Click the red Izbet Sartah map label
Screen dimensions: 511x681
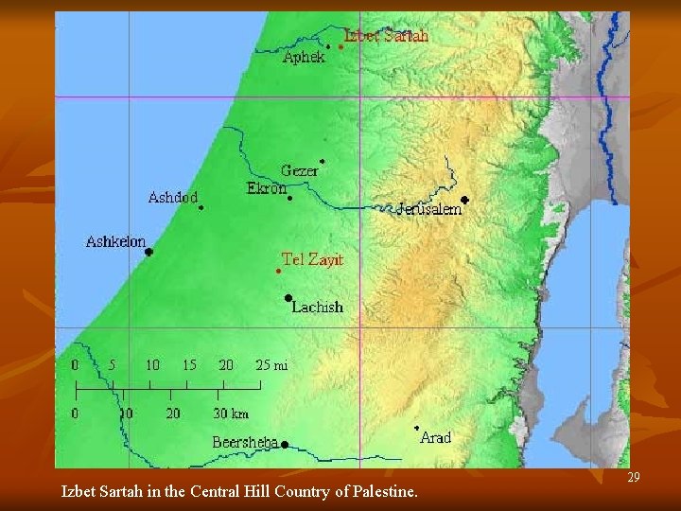(386, 36)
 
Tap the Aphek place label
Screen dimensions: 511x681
(304, 57)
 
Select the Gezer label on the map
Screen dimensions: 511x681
(299, 171)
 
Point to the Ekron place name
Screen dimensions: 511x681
(266, 188)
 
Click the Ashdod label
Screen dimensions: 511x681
(173, 198)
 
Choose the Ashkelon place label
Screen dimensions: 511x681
(115, 241)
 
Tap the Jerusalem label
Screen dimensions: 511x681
(429, 209)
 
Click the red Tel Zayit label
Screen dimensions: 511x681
(312, 258)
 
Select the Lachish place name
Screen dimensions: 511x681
(317, 307)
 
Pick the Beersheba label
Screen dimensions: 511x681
(244, 442)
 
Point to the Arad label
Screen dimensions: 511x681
(435, 437)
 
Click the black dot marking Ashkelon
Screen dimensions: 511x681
(148, 252)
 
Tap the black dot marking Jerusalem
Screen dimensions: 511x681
(464, 200)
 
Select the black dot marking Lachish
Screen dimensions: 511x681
(288, 298)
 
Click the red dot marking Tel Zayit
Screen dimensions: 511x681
(278, 272)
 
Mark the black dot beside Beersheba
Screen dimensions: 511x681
(284, 445)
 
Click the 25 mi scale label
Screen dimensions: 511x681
(271, 363)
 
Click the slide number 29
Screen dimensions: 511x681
(634, 478)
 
